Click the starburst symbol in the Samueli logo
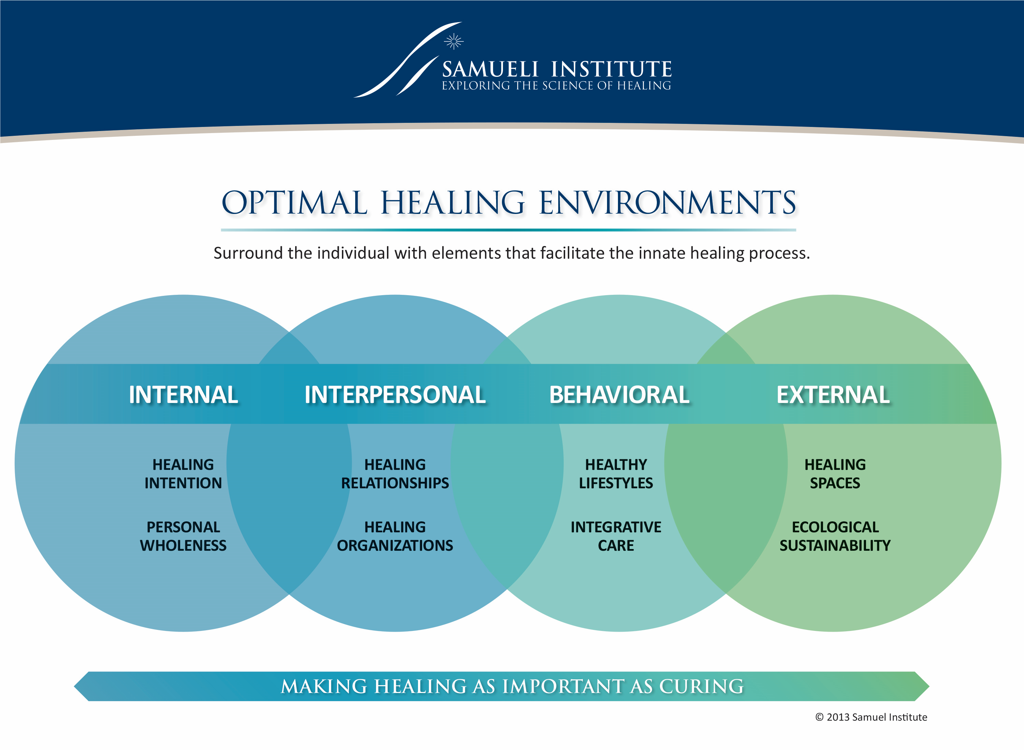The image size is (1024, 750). point(453,42)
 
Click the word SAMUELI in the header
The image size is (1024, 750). point(490,70)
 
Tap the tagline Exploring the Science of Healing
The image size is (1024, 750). point(557,86)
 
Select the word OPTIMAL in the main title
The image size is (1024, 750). point(294,203)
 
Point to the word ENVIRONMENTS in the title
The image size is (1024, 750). point(667,203)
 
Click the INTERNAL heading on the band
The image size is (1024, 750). point(183,394)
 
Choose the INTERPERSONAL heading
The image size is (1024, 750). point(395,394)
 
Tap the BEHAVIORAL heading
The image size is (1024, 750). point(619,394)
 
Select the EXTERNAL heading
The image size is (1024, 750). point(833,394)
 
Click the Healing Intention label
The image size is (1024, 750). point(183,474)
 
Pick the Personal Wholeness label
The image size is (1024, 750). point(183,536)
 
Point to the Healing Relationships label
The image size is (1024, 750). point(395,474)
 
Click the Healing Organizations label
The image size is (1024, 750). point(395,536)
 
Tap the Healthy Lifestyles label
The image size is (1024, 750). point(616,474)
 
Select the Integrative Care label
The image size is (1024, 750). point(616,536)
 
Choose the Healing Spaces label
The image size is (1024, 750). point(835,474)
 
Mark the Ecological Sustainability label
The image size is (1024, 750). point(835,536)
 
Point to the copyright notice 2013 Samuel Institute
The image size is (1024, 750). point(871,717)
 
